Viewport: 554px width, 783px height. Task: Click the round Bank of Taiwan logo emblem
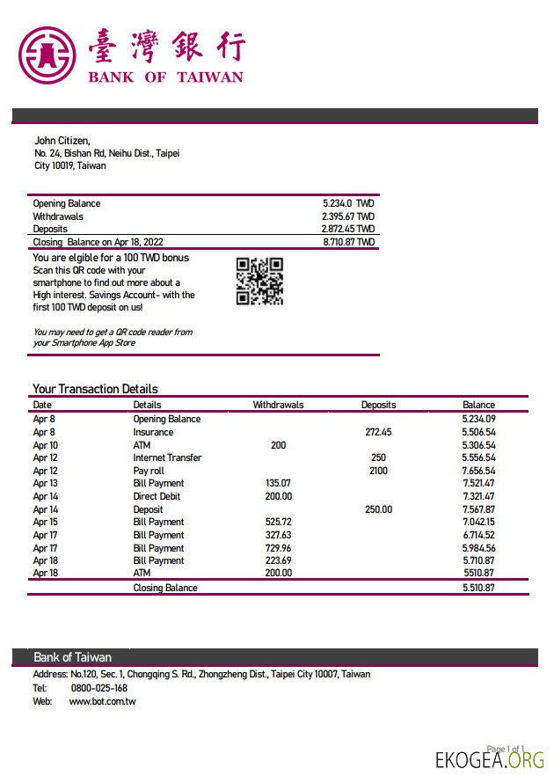pos(47,55)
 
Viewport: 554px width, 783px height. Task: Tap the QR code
pos(259,281)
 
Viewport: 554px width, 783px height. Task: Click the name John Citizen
pos(62,140)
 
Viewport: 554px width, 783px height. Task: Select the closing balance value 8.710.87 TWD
pos(348,242)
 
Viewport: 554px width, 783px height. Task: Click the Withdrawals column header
pos(278,405)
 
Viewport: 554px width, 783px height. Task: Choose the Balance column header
pos(478,405)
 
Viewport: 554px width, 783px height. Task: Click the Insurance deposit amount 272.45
pos(378,432)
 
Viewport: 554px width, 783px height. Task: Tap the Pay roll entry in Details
pos(149,471)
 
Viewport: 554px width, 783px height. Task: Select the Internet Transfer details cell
pos(167,457)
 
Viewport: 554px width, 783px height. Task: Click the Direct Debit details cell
pos(158,496)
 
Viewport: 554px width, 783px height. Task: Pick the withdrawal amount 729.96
pos(278,547)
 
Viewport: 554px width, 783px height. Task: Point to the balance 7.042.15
pos(478,522)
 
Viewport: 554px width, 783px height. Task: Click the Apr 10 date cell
pos(45,445)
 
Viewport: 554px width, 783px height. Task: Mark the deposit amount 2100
pos(378,471)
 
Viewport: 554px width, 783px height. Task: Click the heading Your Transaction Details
pos(95,389)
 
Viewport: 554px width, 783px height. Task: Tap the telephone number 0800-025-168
pos(98,688)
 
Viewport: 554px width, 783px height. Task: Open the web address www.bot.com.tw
pos(102,701)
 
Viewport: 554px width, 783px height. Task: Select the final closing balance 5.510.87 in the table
pos(478,588)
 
